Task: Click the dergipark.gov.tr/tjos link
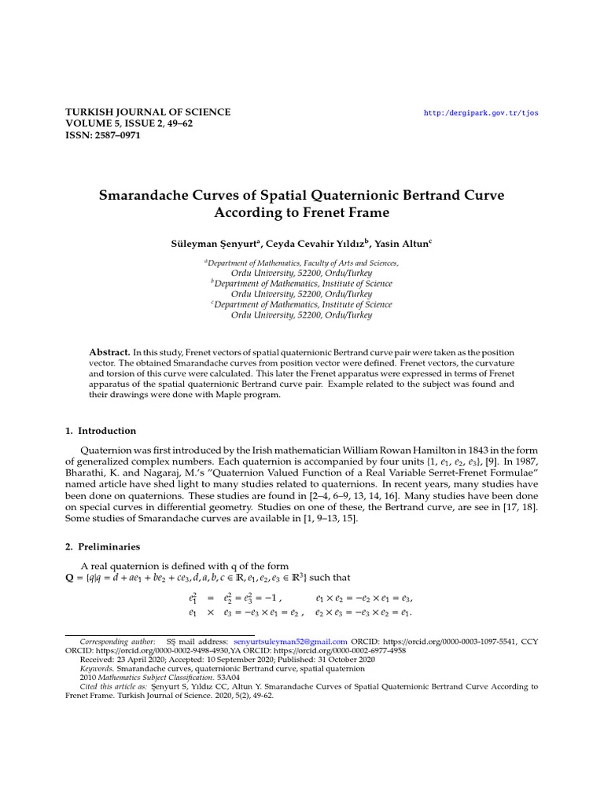[x=481, y=113]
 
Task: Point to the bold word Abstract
[x=109, y=353]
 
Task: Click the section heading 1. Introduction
[x=100, y=431]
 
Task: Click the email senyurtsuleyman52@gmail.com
[x=290, y=641]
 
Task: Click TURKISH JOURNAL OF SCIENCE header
[x=147, y=112]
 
